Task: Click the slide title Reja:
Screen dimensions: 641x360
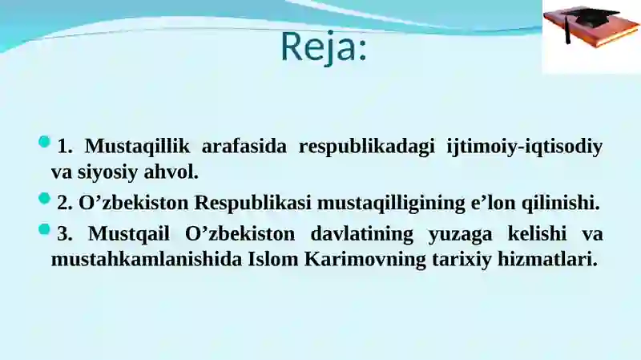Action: tap(324, 48)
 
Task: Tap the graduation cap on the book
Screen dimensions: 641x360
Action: tap(590, 18)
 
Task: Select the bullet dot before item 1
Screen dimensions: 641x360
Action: tap(44, 142)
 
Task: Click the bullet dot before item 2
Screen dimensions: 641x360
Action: tap(44, 199)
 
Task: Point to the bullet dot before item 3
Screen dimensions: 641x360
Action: tap(44, 229)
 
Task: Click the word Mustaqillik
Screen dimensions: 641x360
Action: tap(137, 147)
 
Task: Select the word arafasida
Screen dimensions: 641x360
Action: tap(244, 146)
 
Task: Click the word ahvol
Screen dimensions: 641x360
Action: tap(171, 172)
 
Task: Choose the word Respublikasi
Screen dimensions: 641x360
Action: tap(252, 204)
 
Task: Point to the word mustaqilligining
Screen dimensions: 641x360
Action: tap(391, 204)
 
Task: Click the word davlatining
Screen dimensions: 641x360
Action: tap(362, 234)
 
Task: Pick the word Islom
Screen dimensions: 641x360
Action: tap(273, 259)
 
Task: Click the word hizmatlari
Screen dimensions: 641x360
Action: tap(547, 259)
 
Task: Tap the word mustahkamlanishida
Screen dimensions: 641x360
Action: tap(147, 259)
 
